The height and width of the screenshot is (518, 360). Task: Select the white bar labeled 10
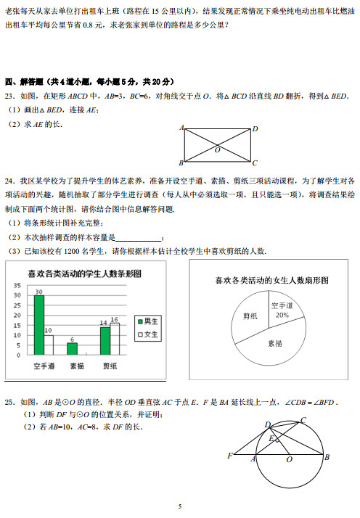49,345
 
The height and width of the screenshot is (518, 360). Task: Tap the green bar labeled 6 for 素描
72,348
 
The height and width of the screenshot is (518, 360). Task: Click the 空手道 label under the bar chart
44,366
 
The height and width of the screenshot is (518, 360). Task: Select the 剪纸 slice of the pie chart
250,316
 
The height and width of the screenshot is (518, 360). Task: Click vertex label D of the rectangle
255,129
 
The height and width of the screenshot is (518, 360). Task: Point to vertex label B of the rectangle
181,163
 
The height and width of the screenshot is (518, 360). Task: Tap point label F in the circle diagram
230,455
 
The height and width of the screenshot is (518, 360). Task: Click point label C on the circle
303,420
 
